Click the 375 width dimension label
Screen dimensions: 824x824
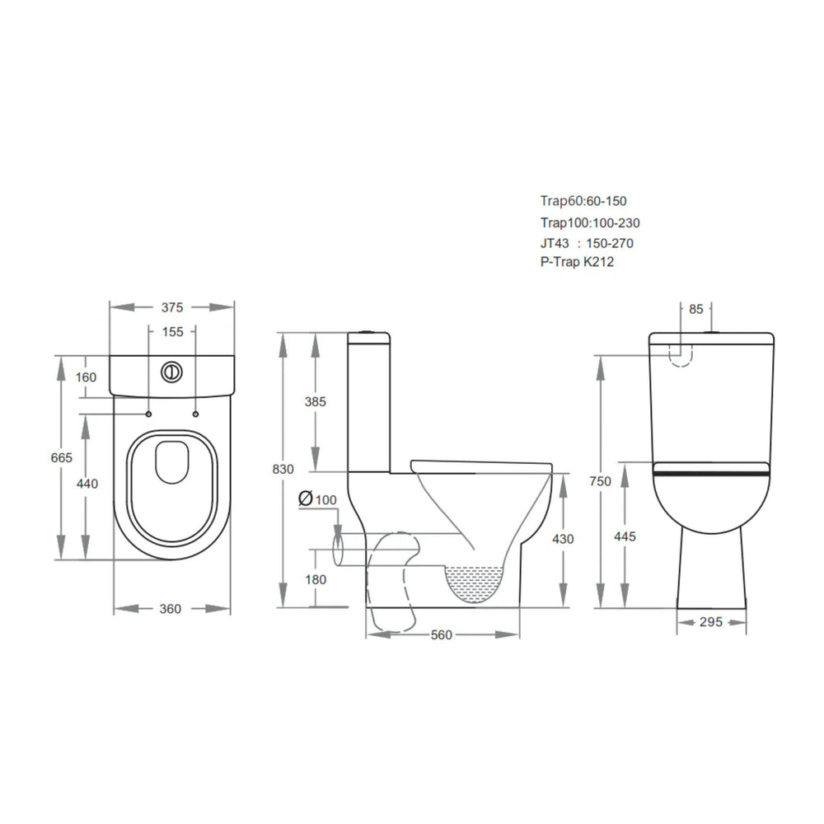[171, 307]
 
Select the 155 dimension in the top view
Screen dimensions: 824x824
[171, 333]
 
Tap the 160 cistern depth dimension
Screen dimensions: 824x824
[86, 377]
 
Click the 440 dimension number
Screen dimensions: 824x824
[87, 484]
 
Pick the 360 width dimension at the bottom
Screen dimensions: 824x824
[170, 609]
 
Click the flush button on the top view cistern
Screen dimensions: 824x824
[171, 371]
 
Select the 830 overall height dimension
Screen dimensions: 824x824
[283, 469]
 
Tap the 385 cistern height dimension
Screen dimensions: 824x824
[316, 402]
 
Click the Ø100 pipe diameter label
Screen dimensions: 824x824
[318, 499]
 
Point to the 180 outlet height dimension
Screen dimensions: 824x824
[316, 579]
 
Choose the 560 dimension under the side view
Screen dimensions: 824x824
[442, 634]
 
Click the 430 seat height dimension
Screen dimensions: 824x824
[563, 539]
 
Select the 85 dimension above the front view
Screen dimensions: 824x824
[695, 310]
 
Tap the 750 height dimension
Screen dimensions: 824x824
[600, 482]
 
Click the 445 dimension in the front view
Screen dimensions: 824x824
[625, 536]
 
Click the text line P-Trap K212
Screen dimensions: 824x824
[577, 262]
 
